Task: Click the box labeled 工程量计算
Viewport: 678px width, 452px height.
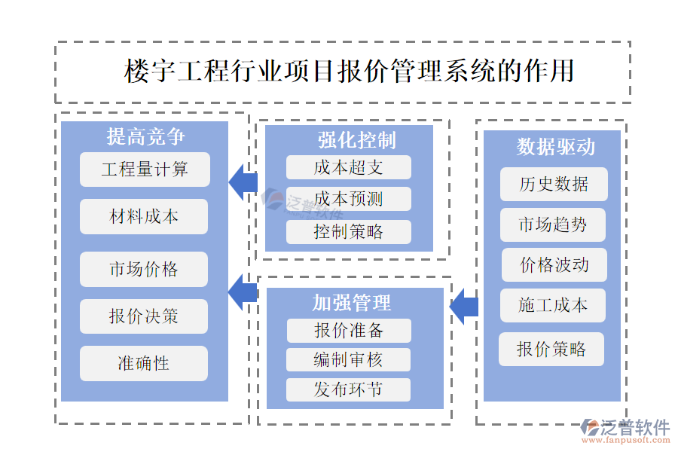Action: point(145,169)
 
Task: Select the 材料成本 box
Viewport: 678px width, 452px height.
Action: point(144,217)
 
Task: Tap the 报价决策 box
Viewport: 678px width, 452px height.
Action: point(144,316)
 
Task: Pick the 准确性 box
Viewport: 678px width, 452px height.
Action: point(144,363)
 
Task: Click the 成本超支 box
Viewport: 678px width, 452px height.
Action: point(349,167)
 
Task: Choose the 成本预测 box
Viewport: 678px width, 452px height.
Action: point(349,199)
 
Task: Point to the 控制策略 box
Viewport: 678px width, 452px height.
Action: point(349,231)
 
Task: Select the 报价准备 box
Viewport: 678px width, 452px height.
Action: point(349,330)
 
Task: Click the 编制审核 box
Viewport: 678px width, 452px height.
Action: point(349,359)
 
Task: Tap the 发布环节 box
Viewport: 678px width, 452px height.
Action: point(349,389)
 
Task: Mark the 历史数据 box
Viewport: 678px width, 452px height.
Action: point(553,184)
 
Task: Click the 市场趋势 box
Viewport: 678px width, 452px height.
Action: point(553,224)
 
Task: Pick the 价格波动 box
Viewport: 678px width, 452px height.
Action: point(554,264)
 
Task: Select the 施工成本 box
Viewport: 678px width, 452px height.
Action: point(553,305)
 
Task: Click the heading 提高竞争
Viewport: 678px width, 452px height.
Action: point(145,136)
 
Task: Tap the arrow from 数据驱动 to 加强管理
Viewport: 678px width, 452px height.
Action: point(463,306)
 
